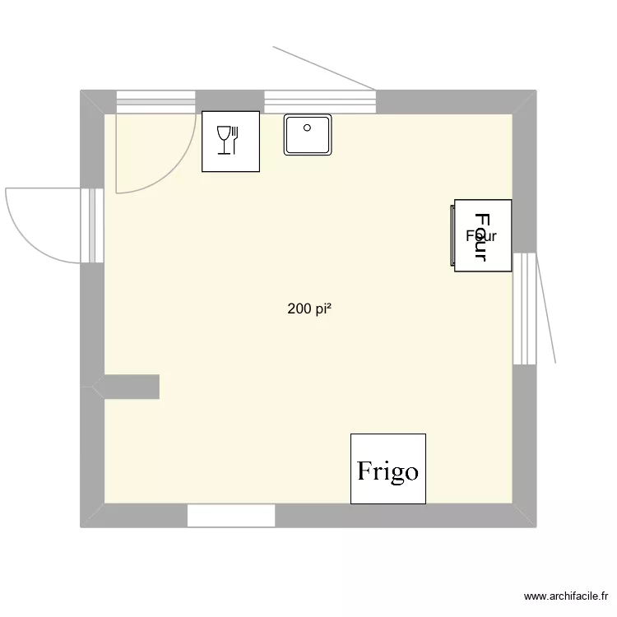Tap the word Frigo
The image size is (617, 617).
387,471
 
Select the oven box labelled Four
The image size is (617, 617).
483,235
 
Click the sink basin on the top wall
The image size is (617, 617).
308,135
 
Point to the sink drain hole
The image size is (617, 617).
307,128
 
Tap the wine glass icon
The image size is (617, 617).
223,140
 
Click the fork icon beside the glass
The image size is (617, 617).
235,139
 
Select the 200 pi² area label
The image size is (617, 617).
309,309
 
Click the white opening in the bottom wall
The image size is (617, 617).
230,515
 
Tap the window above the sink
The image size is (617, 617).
319,102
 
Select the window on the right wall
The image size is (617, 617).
524,308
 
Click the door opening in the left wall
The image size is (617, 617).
92,225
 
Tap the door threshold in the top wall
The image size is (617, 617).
155,102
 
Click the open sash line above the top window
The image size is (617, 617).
325,68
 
